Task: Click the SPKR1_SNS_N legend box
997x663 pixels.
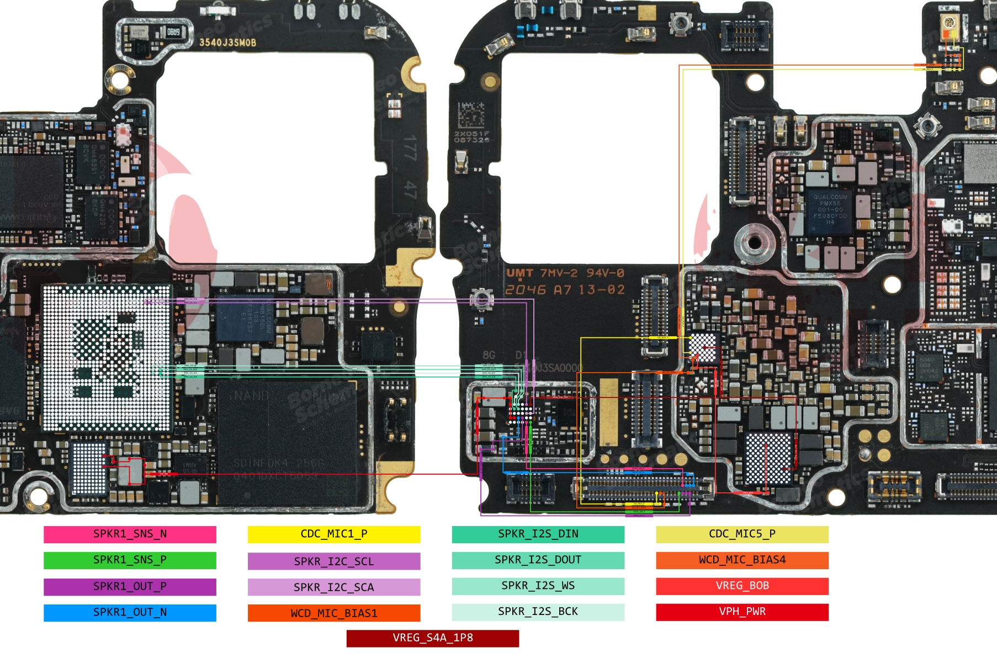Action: click(130, 534)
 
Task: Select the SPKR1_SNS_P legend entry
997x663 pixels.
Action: click(130, 560)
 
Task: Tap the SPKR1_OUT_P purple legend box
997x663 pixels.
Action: click(130, 586)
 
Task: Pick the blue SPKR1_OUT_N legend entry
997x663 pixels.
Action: click(130, 613)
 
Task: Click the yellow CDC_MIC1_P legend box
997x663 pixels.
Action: click(334, 534)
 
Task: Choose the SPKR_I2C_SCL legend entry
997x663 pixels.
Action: click(334, 561)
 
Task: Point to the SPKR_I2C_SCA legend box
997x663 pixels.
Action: click(334, 587)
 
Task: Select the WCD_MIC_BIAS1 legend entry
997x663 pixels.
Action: click(334, 613)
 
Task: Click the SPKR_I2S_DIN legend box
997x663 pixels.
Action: click(538, 534)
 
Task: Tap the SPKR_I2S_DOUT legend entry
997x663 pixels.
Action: click(538, 560)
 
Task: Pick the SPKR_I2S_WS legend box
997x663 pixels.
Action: click(538, 586)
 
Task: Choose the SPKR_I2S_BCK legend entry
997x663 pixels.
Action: click(538, 612)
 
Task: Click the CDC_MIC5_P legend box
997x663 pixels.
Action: click(742, 534)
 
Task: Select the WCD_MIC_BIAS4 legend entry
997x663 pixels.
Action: click(742, 560)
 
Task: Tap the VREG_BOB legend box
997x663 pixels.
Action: click(742, 586)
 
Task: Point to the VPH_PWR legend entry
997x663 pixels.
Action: click(742, 612)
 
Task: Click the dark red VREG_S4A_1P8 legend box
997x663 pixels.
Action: click(433, 638)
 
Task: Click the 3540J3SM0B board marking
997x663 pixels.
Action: click(227, 43)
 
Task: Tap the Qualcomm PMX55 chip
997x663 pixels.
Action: click(830, 210)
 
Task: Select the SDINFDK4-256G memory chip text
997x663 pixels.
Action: click(279, 463)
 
